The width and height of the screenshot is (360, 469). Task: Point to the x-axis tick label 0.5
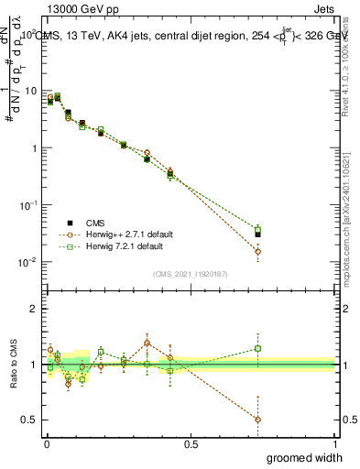click(191, 444)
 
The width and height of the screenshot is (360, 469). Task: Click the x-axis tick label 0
click(46, 444)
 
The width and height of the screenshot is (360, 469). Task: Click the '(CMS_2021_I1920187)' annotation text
click(191, 273)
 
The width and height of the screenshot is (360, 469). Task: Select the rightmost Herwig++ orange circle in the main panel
click(257, 251)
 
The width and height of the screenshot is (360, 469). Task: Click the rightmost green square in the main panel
click(257, 229)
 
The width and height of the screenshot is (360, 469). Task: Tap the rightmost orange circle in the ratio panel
click(257, 420)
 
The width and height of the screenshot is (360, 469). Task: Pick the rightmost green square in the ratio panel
click(257, 348)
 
